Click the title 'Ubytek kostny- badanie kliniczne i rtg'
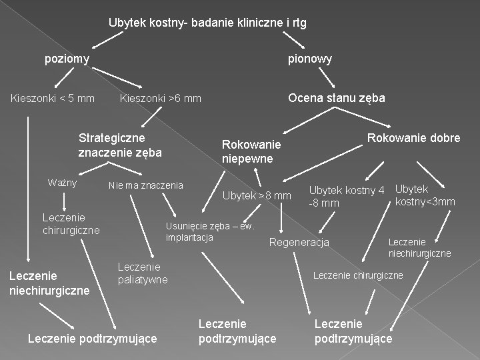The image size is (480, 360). (x=207, y=23)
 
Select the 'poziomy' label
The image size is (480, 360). (x=67, y=59)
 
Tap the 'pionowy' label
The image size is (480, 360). (x=309, y=59)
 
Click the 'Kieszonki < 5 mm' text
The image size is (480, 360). (x=53, y=99)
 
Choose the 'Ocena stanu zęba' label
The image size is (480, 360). (x=336, y=98)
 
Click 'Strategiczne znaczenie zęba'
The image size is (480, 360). (x=120, y=145)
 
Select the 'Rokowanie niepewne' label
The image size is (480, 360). (x=252, y=151)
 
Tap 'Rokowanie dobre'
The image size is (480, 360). (x=413, y=138)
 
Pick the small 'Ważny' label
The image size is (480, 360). (x=63, y=183)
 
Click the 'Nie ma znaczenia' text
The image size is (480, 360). (x=145, y=185)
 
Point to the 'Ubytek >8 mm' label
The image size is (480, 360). (x=257, y=196)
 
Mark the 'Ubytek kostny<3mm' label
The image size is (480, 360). (x=425, y=195)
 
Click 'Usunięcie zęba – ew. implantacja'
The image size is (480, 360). (x=210, y=231)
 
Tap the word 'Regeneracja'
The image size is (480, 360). (x=299, y=242)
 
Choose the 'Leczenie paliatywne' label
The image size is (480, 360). (x=143, y=273)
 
